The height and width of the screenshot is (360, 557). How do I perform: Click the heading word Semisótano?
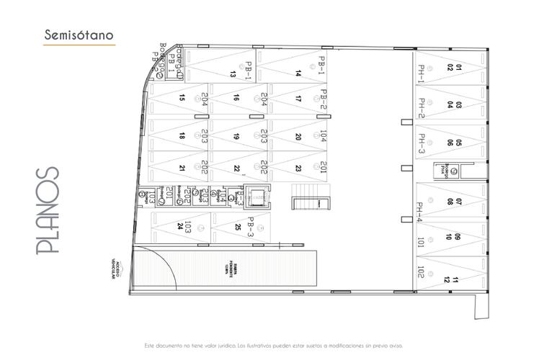(x=78, y=35)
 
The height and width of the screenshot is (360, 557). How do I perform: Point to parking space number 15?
(x=182, y=98)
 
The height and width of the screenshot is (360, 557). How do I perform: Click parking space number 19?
(x=236, y=136)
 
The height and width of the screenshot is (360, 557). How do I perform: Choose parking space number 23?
(x=298, y=168)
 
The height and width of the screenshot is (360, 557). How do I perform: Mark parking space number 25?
(x=238, y=227)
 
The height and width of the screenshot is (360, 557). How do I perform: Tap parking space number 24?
(x=179, y=226)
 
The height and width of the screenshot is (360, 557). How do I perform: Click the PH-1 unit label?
(x=422, y=73)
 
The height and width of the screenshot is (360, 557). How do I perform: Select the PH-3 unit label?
(x=422, y=143)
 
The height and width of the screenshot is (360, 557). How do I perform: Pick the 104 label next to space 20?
(x=324, y=136)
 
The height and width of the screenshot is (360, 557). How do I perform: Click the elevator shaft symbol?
(x=256, y=196)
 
